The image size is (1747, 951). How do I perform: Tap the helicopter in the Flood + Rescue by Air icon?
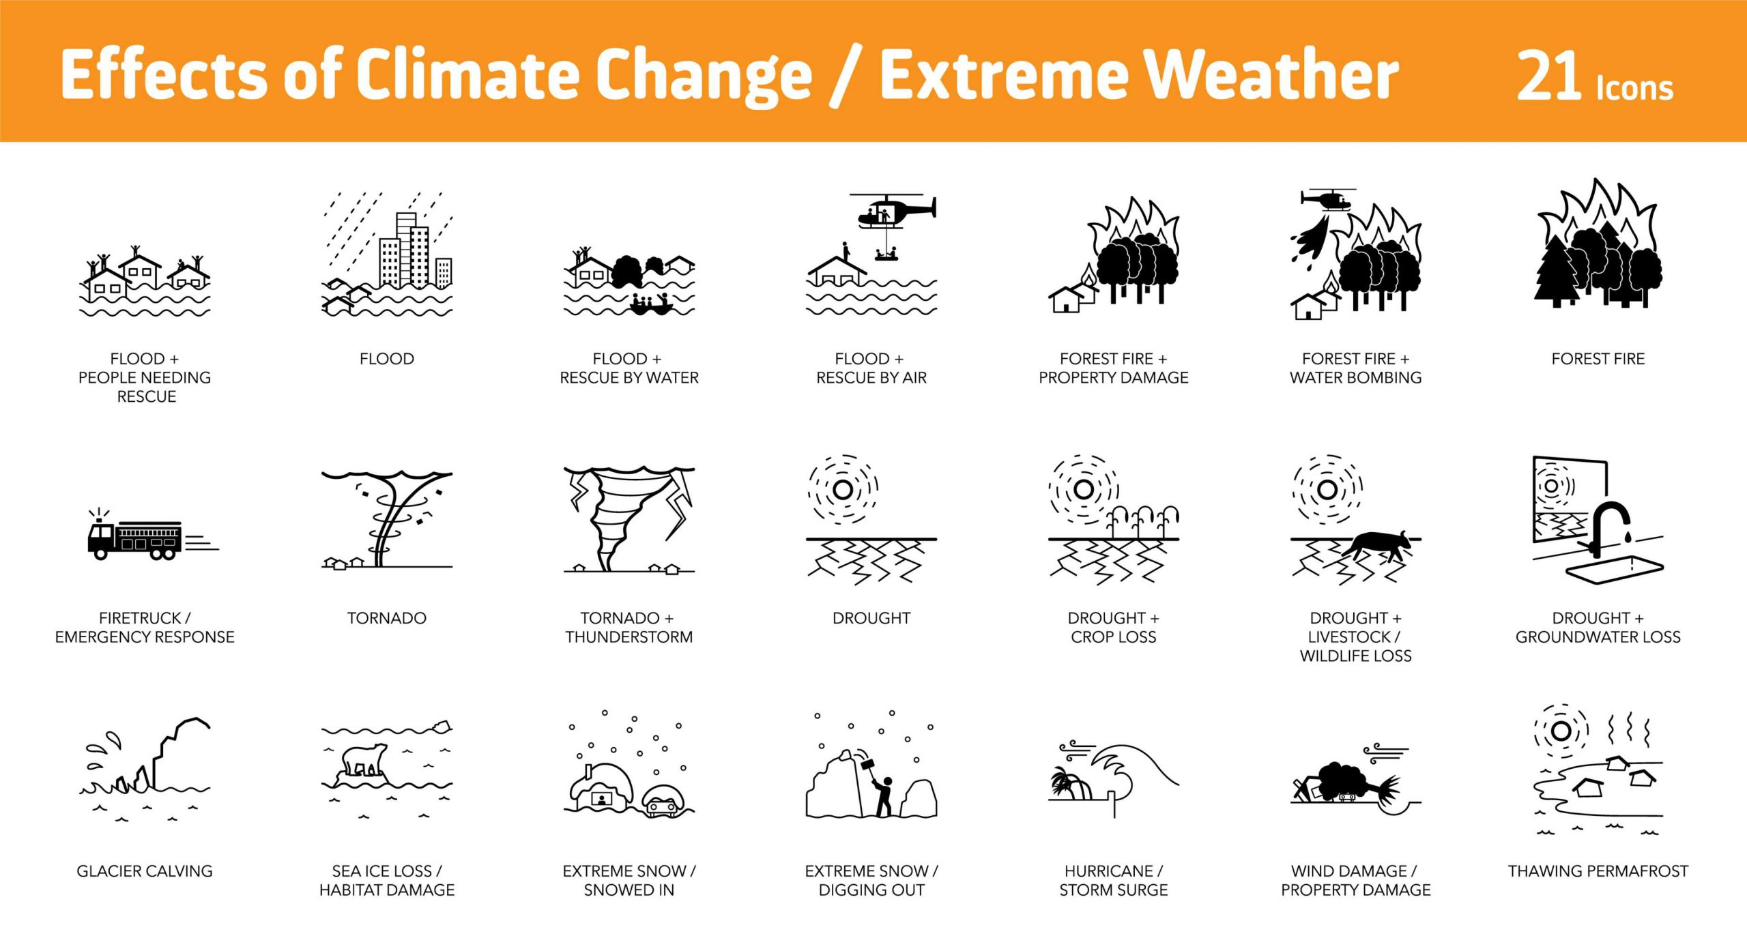tap(891, 210)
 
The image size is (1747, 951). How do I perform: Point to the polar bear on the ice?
tap(364, 759)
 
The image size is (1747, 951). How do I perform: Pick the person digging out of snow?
tap(884, 795)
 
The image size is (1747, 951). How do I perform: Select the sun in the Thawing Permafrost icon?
tap(1561, 731)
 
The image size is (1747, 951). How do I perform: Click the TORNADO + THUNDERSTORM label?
tap(629, 628)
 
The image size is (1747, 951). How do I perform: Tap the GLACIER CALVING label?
tap(145, 871)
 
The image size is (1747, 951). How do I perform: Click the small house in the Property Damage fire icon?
tap(1065, 299)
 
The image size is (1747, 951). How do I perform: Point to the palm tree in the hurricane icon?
tap(1069, 785)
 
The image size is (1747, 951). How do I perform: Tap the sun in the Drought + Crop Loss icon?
tap(1083, 489)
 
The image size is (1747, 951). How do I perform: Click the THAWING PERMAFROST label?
tap(1598, 871)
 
